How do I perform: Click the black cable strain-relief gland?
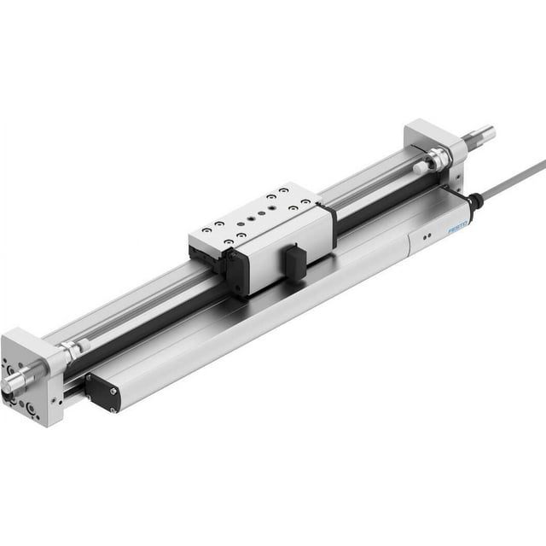474,202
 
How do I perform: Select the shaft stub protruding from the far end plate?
477,134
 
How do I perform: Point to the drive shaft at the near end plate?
16,380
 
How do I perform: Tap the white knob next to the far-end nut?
421,168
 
